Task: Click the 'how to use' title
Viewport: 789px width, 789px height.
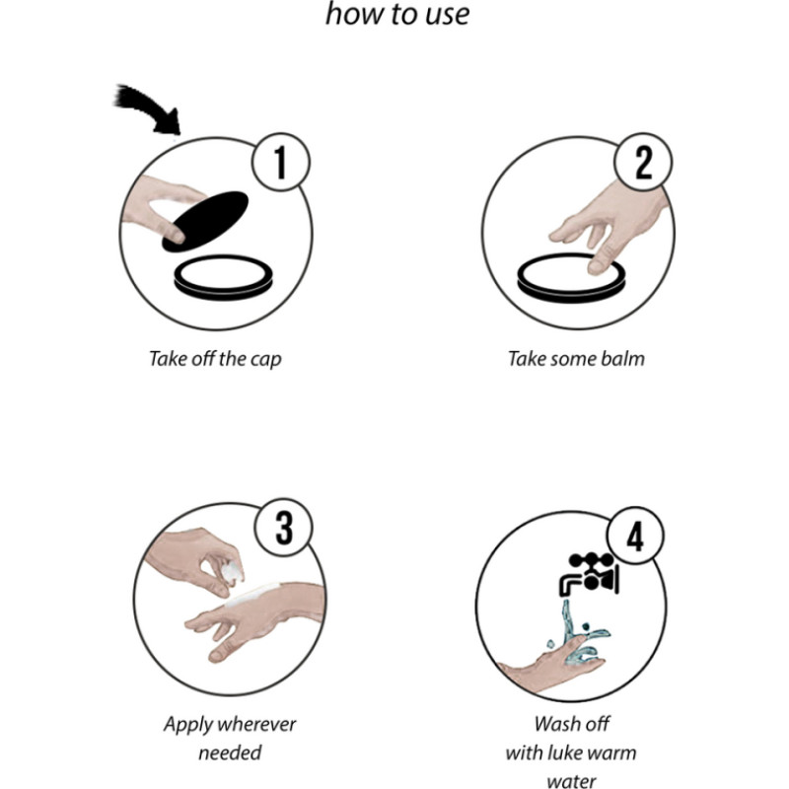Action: (397, 14)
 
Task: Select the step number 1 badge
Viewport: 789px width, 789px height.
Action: (281, 162)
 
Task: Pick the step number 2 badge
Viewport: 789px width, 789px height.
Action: (644, 162)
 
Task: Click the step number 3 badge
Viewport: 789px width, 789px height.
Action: (284, 528)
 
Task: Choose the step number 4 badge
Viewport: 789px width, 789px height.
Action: (635, 536)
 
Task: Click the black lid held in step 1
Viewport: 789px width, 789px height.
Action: (205, 221)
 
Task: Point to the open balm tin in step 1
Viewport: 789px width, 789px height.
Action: (224, 278)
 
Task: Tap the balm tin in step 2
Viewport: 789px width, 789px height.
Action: (571, 278)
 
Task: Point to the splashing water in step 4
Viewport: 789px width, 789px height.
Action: (579, 634)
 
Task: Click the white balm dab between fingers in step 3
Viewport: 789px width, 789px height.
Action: (234, 573)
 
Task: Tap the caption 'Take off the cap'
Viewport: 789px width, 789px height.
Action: (215, 359)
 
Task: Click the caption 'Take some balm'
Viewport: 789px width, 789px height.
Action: (576, 359)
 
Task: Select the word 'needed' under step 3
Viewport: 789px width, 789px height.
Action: (230, 753)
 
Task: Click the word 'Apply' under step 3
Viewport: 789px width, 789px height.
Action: (182, 725)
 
